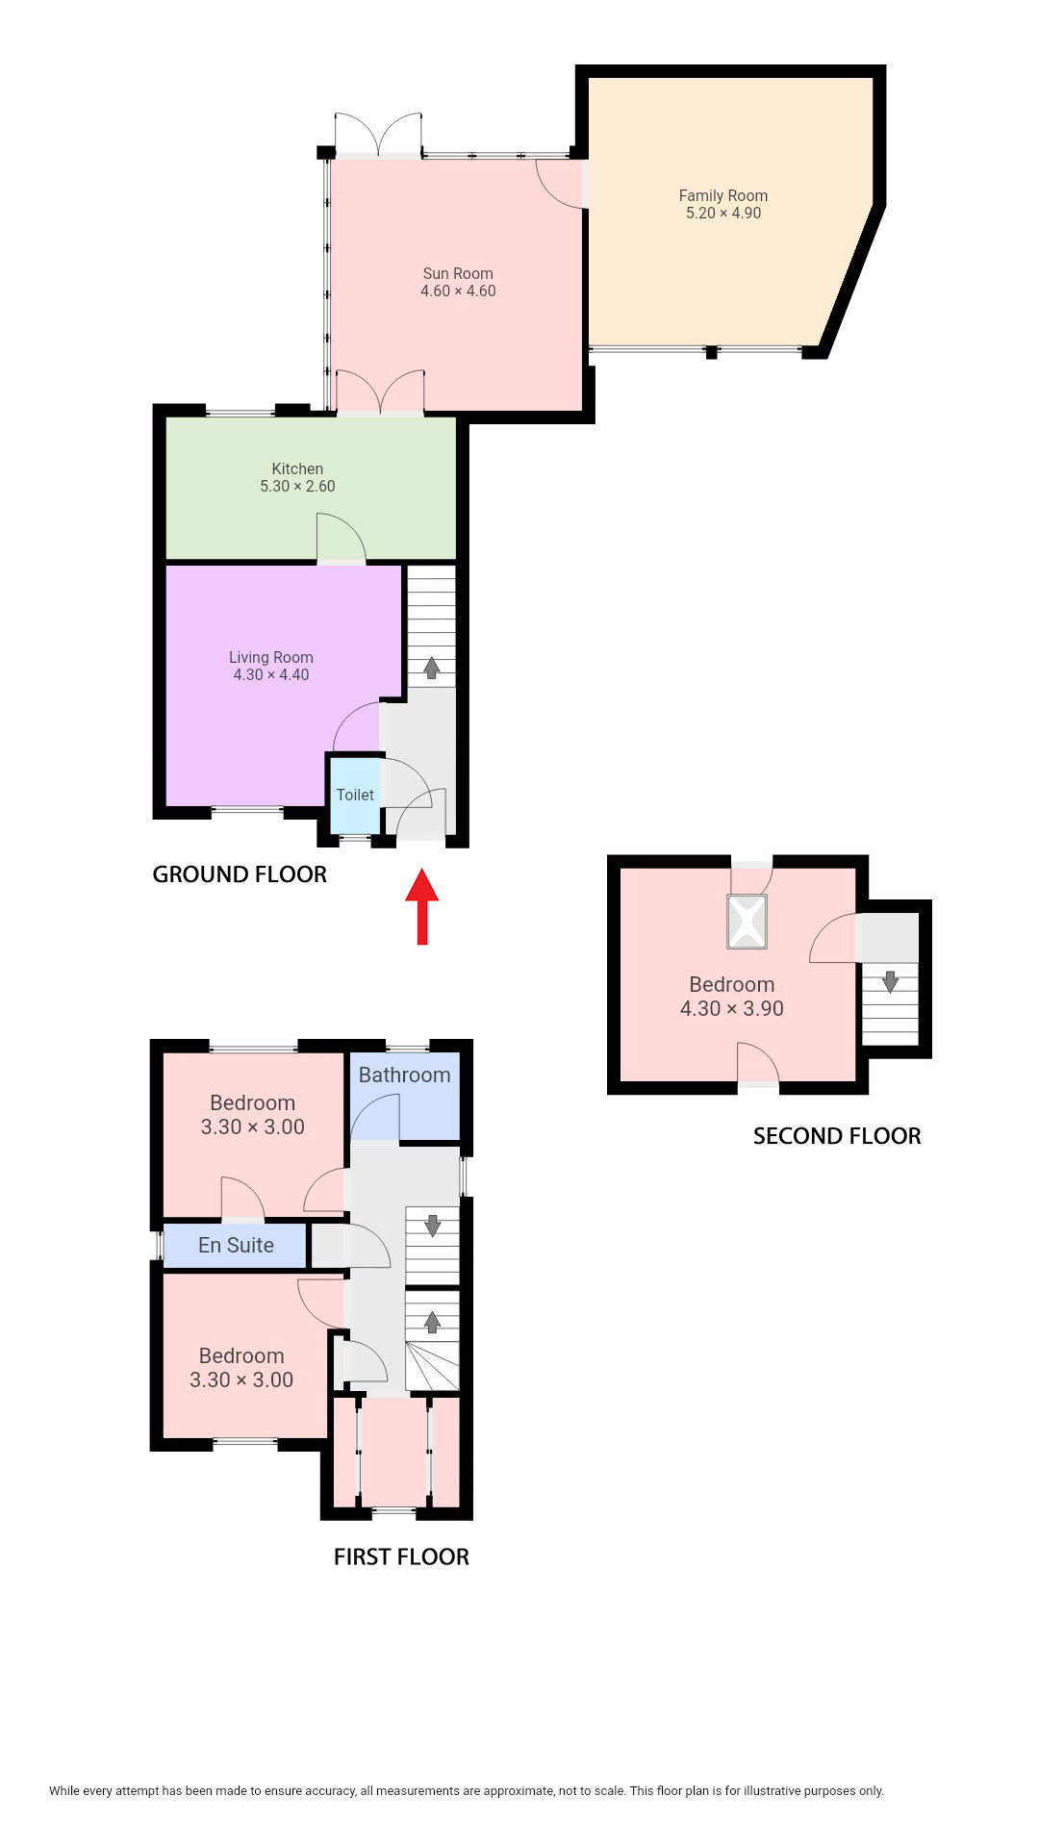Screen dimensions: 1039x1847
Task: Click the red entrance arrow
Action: click(421, 906)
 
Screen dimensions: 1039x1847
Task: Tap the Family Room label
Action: click(723, 195)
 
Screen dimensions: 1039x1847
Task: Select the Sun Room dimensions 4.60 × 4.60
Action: click(458, 291)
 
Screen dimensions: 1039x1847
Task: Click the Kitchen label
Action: click(297, 468)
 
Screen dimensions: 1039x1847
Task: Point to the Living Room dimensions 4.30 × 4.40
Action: click(271, 675)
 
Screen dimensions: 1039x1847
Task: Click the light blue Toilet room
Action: click(355, 796)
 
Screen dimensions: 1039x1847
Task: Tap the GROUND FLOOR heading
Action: click(240, 874)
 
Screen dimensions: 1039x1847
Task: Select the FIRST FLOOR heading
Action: click(401, 1556)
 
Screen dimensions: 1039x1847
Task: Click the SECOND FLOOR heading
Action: click(837, 1136)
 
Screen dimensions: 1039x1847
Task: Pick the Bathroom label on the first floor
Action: click(404, 1075)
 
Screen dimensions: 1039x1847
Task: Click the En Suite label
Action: click(236, 1245)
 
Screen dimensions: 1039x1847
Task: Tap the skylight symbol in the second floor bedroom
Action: click(747, 922)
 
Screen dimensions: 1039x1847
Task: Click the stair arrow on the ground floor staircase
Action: click(432, 668)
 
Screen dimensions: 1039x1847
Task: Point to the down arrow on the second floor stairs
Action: click(890, 981)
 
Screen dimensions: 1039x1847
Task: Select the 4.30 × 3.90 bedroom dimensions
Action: click(732, 1008)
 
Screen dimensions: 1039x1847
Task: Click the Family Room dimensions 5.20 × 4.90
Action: click(723, 214)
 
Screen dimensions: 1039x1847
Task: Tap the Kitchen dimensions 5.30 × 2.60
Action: click(297, 487)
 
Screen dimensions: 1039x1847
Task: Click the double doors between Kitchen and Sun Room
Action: click(380, 392)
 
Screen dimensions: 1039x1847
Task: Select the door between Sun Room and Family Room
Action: click(561, 184)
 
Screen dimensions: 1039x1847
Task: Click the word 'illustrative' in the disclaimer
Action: click(747, 1791)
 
